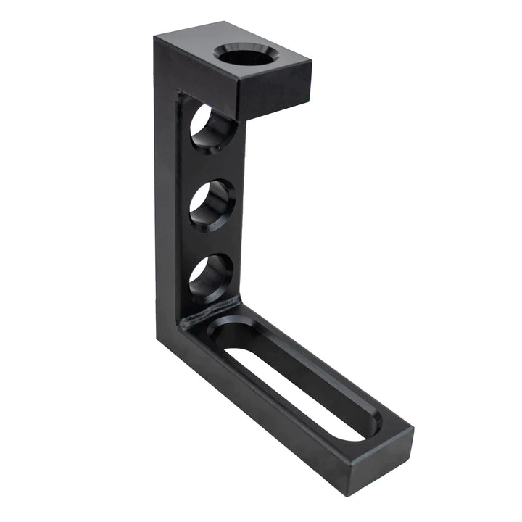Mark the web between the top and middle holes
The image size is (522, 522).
click(x=212, y=165)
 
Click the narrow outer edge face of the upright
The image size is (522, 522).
click(x=165, y=217)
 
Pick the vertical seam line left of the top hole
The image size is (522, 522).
click(x=179, y=203)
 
